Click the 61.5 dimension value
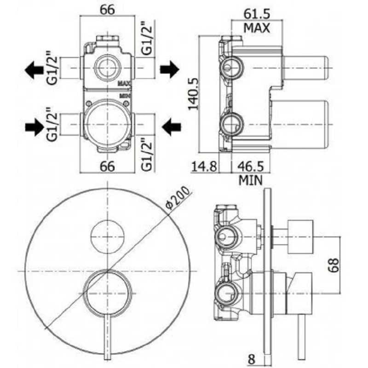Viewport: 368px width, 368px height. tap(257, 14)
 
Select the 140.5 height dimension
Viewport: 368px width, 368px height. tap(193, 94)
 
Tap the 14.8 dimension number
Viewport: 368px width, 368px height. tap(204, 166)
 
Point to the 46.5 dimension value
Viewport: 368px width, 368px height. tap(250, 166)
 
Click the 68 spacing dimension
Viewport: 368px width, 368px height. tap(333, 265)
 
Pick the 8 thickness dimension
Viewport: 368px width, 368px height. tap(251, 359)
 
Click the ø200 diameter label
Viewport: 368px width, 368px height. tap(177, 198)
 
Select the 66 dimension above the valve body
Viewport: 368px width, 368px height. tap(108, 10)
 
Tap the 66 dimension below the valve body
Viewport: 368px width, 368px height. tap(108, 166)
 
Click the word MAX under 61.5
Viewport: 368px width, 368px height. tap(257, 28)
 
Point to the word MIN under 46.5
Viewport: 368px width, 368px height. tap(250, 180)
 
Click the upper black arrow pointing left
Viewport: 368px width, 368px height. tap(34, 70)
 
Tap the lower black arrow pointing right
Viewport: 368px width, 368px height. tap(34, 127)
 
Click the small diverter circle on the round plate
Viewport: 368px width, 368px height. tap(108, 237)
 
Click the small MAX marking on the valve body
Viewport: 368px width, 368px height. tap(125, 83)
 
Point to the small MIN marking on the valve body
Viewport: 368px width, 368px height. tap(125, 96)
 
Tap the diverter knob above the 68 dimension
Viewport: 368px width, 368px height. tap(300, 237)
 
